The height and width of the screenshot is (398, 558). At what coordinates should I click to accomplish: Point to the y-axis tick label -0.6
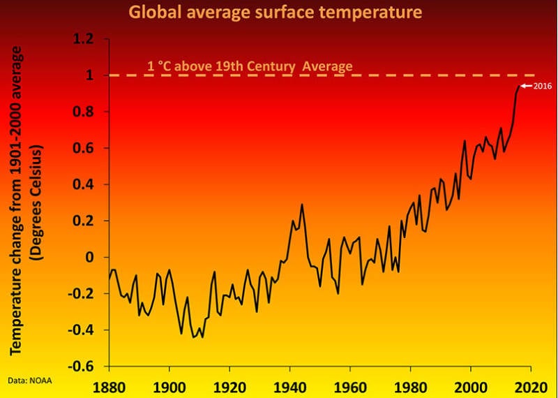tap(82, 366)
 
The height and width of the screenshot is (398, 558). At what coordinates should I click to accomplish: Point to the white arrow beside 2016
tap(527, 86)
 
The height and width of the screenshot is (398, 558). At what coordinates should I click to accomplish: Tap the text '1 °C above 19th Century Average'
tap(249, 67)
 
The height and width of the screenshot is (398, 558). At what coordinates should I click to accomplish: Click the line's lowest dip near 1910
tap(202, 337)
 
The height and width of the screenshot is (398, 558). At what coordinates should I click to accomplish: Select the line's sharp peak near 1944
tap(302, 205)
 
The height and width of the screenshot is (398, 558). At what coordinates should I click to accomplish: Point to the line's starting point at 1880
tap(109, 279)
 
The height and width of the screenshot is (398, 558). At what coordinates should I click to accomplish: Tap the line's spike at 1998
tap(465, 141)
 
